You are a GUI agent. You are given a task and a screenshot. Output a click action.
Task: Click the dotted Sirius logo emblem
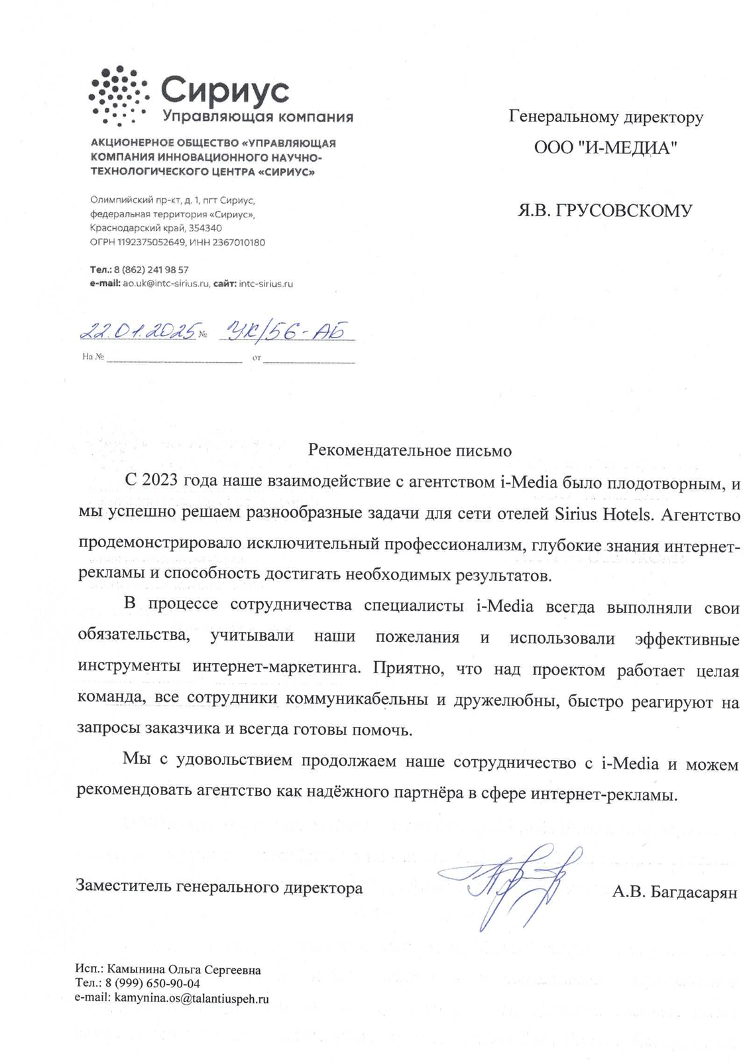[x=117, y=95]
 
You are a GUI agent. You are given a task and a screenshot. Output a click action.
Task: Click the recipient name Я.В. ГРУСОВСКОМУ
[x=604, y=211]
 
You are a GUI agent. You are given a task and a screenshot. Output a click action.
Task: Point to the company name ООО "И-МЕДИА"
[x=606, y=148]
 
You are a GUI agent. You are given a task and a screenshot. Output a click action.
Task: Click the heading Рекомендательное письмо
[x=410, y=451]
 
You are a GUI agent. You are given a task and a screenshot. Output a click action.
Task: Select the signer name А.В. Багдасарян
[x=674, y=892]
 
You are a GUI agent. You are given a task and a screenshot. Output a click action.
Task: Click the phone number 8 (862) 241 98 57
[x=151, y=270]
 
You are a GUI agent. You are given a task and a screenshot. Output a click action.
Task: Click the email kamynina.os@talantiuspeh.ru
[x=192, y=998]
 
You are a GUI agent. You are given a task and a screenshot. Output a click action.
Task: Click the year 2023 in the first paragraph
[x=159, y=481]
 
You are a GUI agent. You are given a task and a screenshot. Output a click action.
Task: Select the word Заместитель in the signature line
[x=124, y=887]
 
